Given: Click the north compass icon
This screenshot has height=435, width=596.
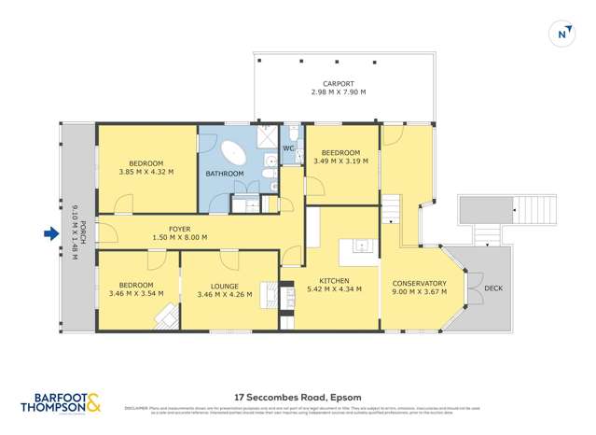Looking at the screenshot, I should tap(562, 35).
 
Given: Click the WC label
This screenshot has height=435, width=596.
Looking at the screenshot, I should tap(288, 148).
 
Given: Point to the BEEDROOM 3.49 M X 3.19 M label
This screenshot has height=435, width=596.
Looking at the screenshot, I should tap(340, 157).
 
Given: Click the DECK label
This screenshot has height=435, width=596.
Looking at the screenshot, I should tap(493, 288).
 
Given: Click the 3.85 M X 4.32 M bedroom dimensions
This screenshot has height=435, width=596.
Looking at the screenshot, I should tap(146, 172).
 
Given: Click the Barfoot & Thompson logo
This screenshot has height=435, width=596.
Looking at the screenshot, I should tap(61, 402).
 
